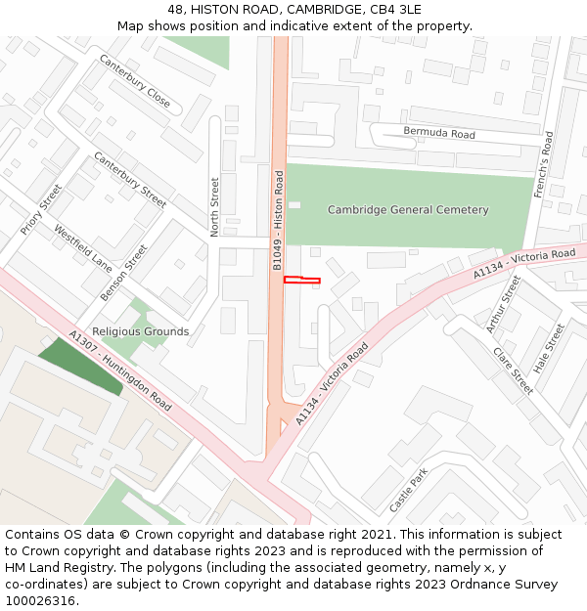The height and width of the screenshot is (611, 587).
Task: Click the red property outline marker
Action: click(301, 281)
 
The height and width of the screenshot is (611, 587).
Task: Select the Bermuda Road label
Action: click(439, 133)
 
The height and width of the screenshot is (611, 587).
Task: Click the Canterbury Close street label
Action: click(134, 81)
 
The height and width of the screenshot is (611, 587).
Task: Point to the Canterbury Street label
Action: click(130, 180)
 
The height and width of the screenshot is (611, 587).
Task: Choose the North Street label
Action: click(215, 206)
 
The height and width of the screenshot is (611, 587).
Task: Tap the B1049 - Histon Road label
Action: click(278, 221)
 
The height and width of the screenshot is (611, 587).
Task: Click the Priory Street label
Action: click(41, 209)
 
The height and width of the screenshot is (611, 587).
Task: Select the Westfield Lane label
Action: click(83, 248)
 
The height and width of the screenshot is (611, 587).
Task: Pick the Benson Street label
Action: click(123, 273)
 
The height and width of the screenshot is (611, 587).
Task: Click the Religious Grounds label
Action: click(140, 331)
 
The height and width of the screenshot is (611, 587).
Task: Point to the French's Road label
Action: click(543, 165)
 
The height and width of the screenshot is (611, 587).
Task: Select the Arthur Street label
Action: click(504, 303)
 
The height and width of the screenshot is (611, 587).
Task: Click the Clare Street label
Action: click(512, 371)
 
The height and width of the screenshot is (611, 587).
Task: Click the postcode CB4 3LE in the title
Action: click(396, 9)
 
